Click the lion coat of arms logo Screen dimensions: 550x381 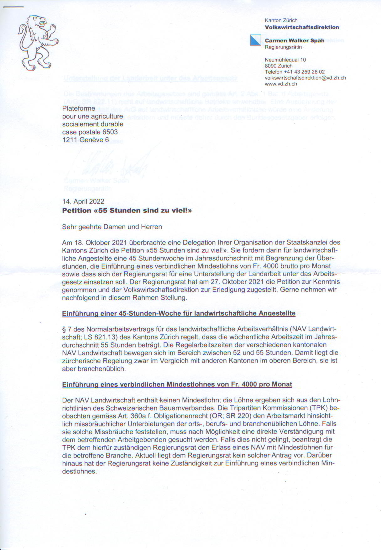[38, 43]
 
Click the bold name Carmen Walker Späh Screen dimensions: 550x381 [295, 40]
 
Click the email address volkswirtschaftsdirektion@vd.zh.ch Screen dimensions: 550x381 [305, 78]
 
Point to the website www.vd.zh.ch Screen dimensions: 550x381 [281, 84]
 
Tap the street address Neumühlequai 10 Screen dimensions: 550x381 [285, 60]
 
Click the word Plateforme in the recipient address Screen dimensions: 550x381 [79, 108]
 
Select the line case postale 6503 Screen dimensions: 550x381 [90, 132]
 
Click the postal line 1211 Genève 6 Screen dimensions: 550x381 [86, 140]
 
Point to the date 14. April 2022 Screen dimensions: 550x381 [83, 202]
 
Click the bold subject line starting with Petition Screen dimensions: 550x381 [127, 210]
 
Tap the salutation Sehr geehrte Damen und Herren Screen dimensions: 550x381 [112, 227]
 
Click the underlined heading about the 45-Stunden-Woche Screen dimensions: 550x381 [179, 313]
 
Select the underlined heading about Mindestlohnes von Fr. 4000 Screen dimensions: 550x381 [177, 384]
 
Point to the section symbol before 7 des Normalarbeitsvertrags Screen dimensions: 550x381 [64, 329]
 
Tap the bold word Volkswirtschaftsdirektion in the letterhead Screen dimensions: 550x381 [302, 27]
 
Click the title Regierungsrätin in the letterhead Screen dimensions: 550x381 [283, 47]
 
